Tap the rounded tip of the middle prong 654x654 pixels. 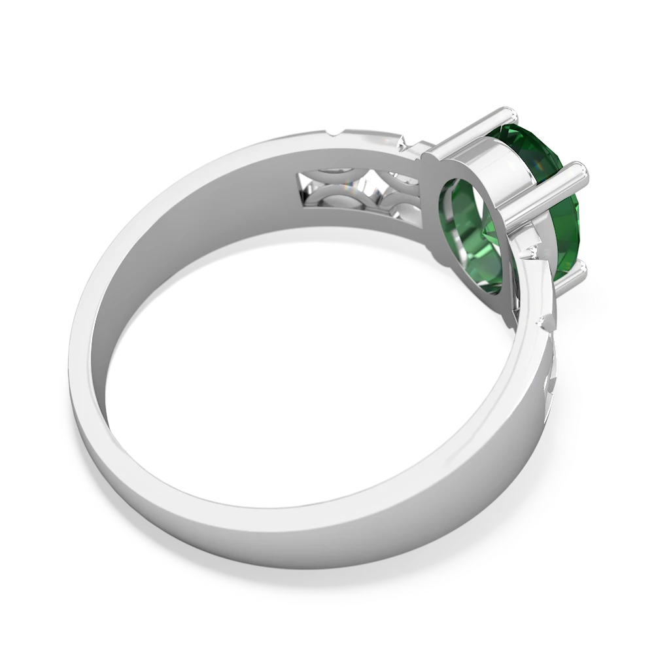click(x=579, y=171)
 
